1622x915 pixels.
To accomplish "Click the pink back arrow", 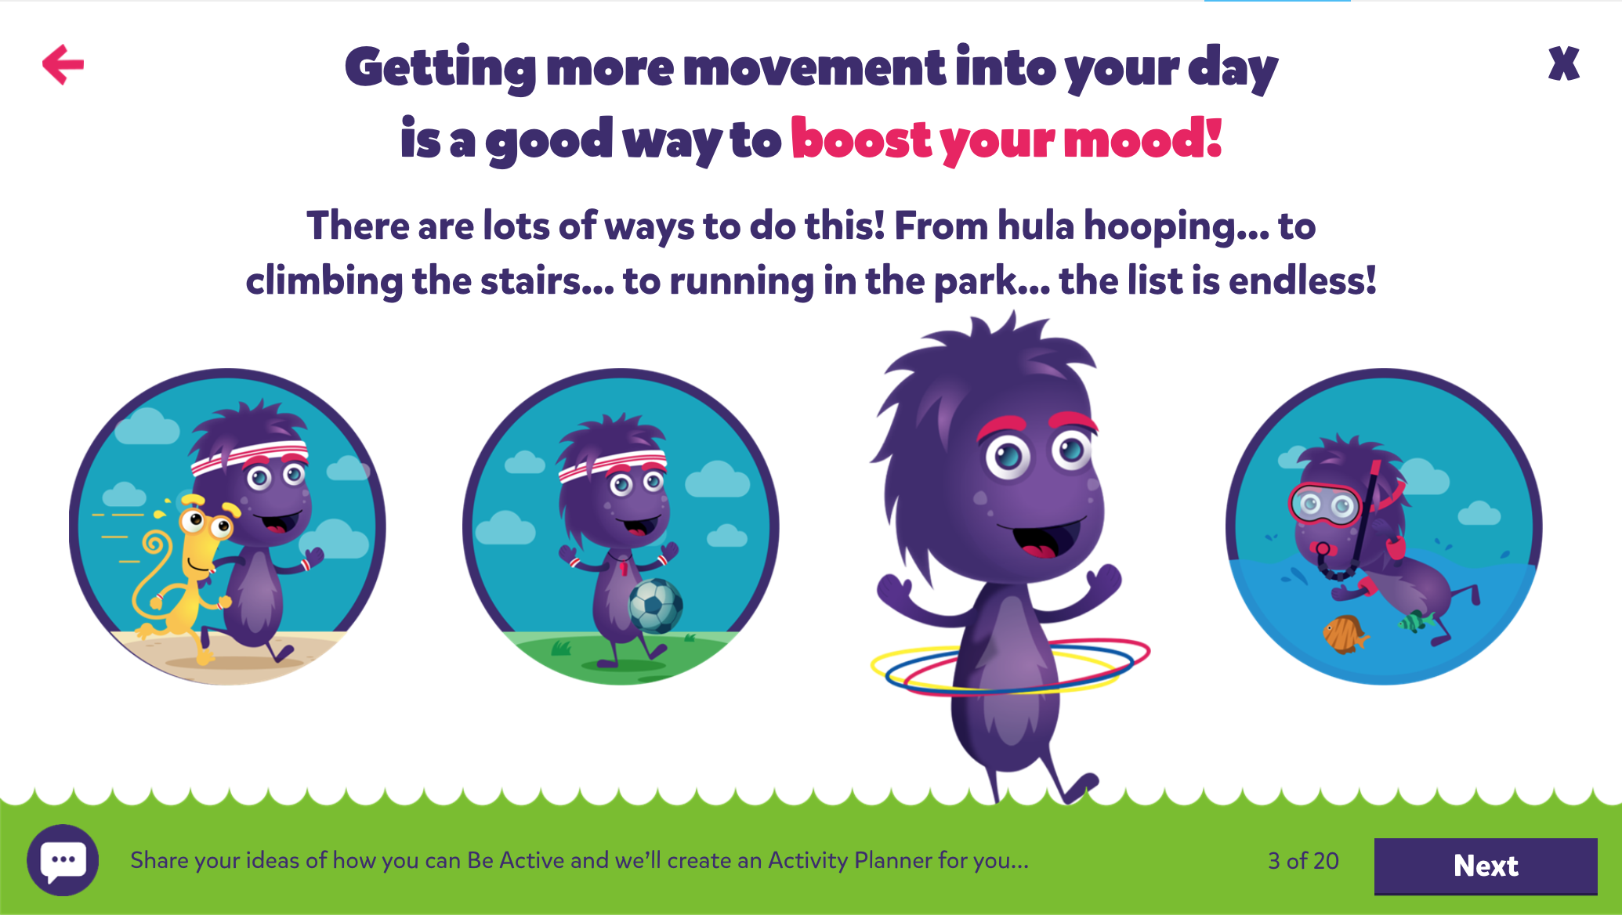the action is point(63,64).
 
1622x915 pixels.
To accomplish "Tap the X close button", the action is point(1563,63).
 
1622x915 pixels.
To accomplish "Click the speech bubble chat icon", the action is point(63,860).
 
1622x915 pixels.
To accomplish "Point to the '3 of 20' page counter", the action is point(1303,861).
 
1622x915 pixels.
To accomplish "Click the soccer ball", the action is point(656,606).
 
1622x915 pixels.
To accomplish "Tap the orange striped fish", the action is point(1345,634).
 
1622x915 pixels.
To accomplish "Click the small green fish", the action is point(1415,621).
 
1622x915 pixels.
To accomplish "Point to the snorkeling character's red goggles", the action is point(1326,505).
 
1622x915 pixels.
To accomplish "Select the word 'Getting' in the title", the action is point(440,69).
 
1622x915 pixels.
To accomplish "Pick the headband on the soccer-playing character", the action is point(612,463).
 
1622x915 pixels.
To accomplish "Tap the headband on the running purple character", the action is point(249,458).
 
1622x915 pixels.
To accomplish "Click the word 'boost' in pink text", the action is point(861,139).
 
